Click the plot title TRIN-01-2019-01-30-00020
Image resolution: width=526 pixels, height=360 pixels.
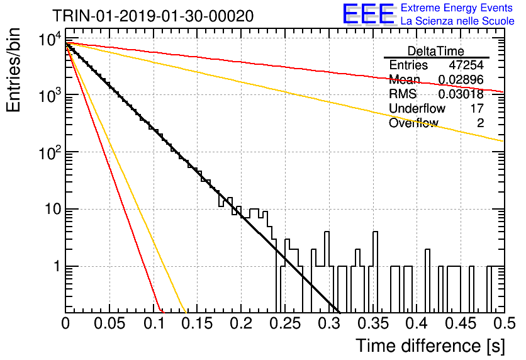[x=153, y=16]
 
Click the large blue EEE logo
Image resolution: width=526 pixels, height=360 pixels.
[x=369, y=13]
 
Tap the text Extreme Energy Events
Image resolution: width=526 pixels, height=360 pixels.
[x=457, y=8]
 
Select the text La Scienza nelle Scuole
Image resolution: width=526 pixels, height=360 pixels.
[x=457, y=21]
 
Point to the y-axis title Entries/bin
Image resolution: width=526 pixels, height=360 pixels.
[x=13, y=70]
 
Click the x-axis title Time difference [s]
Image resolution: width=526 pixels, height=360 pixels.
[x=430, y=346]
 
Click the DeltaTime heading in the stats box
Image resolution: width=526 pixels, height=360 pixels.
[x=436, y=51]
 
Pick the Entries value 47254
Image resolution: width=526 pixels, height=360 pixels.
[x=466, y=65]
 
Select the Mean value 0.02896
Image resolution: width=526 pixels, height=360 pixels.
[x=461, y=79]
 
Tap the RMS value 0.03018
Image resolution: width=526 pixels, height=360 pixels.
[x=461, y=94]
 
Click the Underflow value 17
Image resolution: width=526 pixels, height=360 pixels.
[x=477, y=108]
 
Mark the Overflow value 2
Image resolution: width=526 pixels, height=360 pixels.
[x=480, y=123]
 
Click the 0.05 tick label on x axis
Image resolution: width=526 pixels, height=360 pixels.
[x=109, y=323]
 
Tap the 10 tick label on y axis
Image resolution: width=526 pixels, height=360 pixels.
[x=53, y=210]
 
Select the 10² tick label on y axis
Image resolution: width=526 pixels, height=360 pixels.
[x=50, y=152]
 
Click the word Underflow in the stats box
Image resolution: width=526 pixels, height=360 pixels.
[x=417, y=108]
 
